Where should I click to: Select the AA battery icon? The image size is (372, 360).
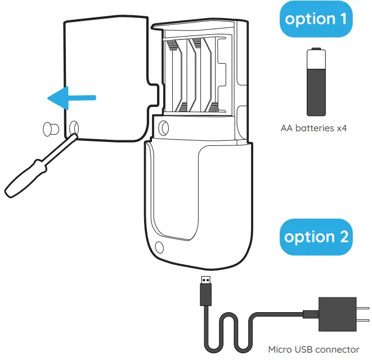[x=316, y=82]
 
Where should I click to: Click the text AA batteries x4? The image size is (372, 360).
[x=313, y=128]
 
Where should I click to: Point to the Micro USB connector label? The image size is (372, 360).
[x=313, y=349]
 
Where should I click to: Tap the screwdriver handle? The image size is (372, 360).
[x=24, y=177]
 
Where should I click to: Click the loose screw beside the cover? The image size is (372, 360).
[x=50, y=128]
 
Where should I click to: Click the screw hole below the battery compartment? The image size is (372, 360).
[x=164, y=126]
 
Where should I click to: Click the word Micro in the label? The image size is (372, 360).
[x=280, y=349]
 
